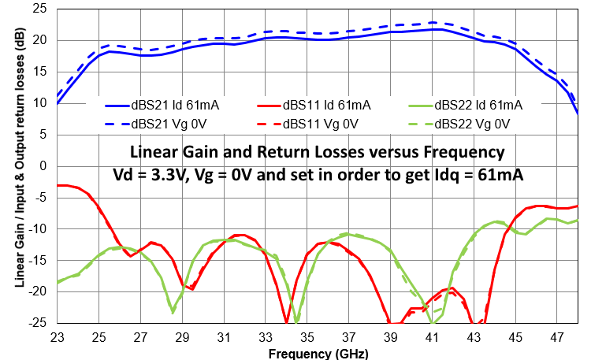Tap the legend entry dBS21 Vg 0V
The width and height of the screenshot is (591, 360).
158,124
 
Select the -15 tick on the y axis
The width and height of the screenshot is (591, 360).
37,260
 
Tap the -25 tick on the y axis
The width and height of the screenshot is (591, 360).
37,323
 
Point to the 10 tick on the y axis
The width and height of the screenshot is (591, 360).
39,102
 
